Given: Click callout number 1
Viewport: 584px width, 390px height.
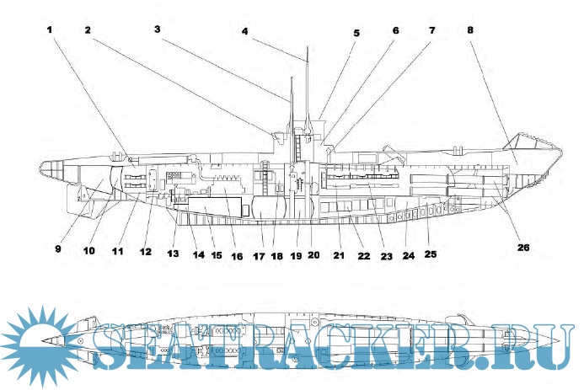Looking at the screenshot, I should [49, 29].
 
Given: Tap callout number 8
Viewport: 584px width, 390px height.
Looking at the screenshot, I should [469, 29].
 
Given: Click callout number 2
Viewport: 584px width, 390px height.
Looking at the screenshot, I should [88, 29].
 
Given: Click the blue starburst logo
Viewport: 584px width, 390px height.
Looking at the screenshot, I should [38, 345].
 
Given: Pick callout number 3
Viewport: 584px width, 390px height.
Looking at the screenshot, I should [158, 29].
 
